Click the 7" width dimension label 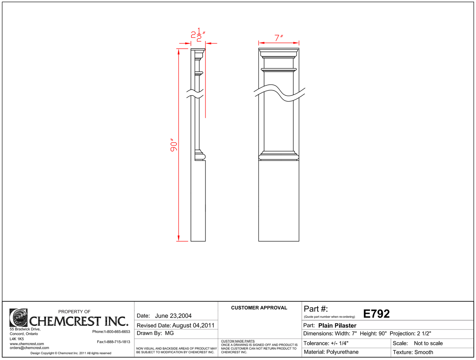point(279,38)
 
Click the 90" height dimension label point(174,145)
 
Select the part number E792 point(376,314)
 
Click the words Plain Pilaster point(337,325)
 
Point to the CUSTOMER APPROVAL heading point(259,308)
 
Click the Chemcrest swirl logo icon point(18,318)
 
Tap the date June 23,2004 point(173,316)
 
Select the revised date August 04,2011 point(193,325)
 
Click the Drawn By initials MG point(169,333)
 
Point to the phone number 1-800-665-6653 point(117,332)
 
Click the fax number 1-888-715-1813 point(117,342)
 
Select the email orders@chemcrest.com point(29,348)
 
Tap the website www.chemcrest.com point(27,344)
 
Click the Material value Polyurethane point(342,352)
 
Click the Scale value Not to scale point(428,343)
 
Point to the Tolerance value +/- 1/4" point(339,343)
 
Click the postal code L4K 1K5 point(17,339)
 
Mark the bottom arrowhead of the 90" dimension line point(179,238)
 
